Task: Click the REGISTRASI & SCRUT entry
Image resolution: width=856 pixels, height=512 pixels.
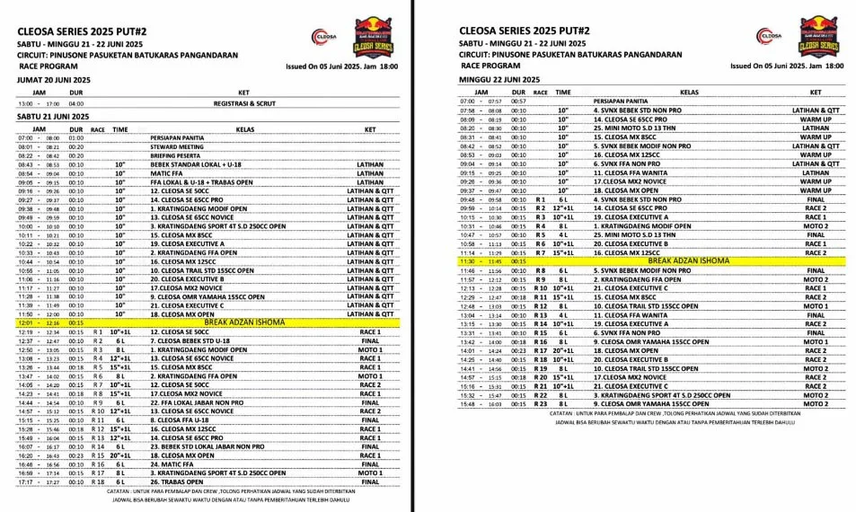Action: tap(243, 103)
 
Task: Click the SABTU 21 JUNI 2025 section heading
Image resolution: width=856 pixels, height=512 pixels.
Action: tap(53, 116)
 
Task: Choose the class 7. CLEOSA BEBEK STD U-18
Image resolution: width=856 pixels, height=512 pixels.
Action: tap(190, 341)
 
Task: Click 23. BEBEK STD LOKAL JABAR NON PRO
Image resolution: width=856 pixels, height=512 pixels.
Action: tap(206, 446)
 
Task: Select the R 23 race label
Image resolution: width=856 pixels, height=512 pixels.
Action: tap(540, 404)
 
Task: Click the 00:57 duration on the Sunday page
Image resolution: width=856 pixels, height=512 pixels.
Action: tap(518, 102)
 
